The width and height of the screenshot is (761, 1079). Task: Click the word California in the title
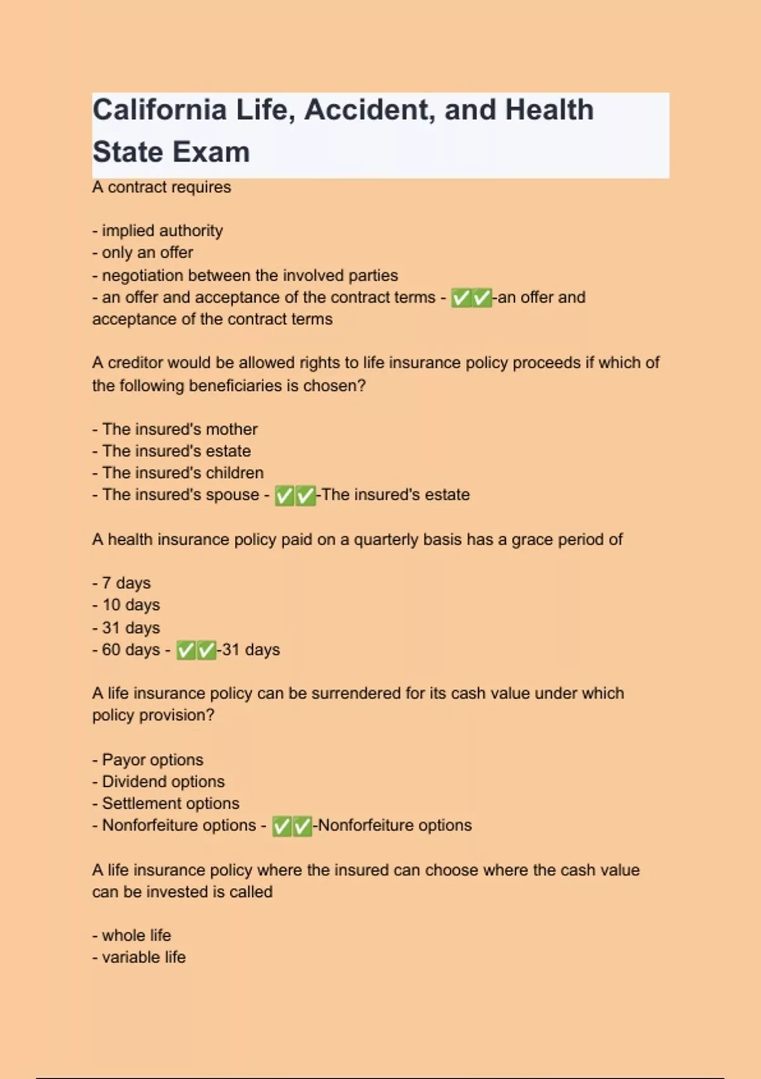pos(159,110)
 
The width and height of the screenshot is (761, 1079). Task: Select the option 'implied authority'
pos(162,230)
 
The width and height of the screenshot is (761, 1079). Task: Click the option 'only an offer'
pos(147,253)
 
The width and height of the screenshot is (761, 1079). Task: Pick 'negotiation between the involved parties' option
pos(249,275)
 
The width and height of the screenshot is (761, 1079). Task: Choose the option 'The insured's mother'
pos(179,429)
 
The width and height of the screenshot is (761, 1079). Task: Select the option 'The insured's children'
pos(183,473)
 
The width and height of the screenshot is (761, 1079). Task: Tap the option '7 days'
pos(126,583)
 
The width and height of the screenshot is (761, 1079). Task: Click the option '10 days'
pos(131,605)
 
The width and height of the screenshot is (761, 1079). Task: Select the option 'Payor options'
pos(152,760)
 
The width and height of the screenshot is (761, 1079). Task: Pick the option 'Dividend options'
pos(163,781)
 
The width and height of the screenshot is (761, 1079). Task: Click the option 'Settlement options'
pos(171,804)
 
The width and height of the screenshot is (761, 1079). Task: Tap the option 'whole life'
pos(136,936)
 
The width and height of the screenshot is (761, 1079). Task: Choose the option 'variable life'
pos(143,957)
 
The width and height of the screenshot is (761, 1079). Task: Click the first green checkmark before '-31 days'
pos(186,651)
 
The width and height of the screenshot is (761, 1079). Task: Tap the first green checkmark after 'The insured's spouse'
pos(285,496)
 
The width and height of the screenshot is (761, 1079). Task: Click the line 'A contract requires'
pos(162,187)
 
